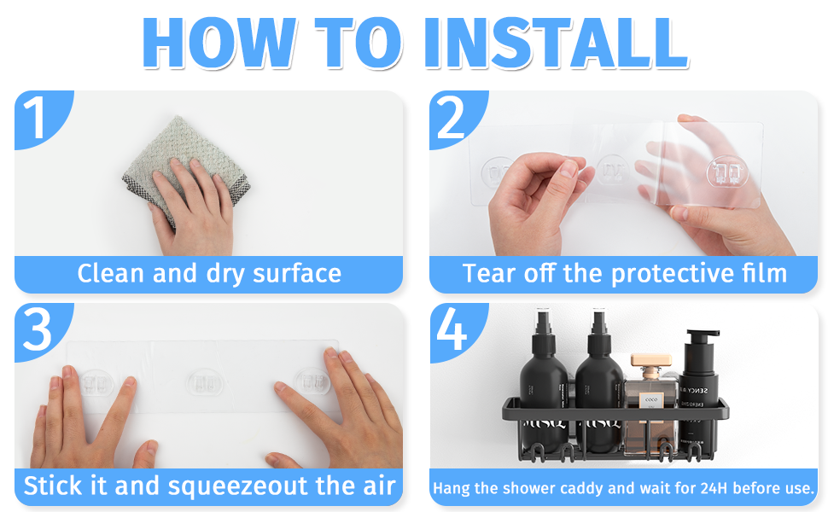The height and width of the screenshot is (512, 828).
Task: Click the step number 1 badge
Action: [x=39, y=117]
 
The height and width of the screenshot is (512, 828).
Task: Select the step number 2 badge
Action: [x=454, y=117]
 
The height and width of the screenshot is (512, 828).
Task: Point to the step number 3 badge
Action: [x=39, y=330]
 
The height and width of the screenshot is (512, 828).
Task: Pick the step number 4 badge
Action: [x=454, y=331]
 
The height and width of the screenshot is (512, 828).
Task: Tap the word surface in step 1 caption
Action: [x=297, y=273]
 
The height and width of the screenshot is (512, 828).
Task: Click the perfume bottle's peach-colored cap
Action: [x=651, y=360]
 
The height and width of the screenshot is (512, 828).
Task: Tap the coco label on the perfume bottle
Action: [x=651, y=399]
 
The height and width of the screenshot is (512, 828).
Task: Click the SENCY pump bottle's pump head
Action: [x=701, y=336]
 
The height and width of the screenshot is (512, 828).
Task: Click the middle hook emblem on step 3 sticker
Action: [x=204, y=382]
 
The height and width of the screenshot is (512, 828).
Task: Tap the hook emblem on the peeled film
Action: [x=727, y=172]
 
